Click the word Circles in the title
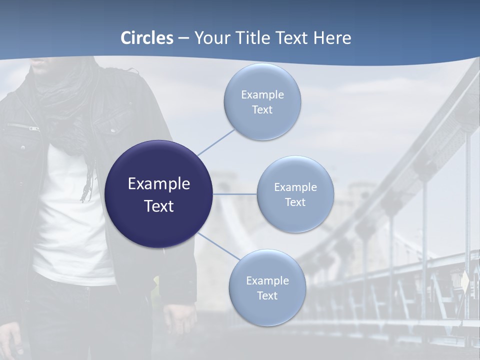pos(147,38)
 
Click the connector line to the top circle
pos(216,142)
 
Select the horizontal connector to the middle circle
pos(235,194)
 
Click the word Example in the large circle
pos(159,184)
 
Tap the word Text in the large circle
pos(159,206)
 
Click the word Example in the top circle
pos(262,95)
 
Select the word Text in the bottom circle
pos(267,295)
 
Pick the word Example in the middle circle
pos(295,187)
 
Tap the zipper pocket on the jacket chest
pos(22,127)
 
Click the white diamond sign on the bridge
pos(465,282)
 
